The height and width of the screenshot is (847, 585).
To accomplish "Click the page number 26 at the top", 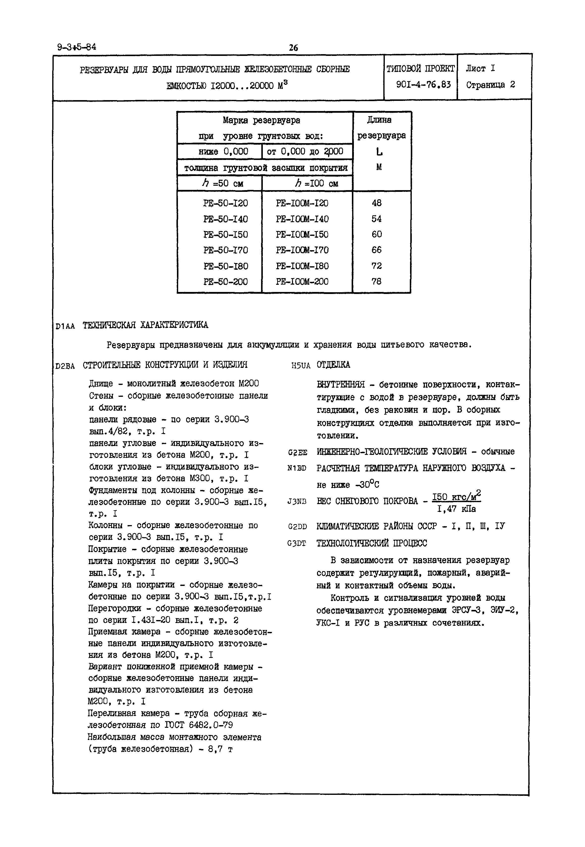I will pyautogui.click(x=293, y=48).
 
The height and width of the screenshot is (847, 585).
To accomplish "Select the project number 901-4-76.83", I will pyautogui.click(x=423, y=85).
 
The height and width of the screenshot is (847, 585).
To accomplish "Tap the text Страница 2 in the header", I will pyautogui.click(x=490, y=85).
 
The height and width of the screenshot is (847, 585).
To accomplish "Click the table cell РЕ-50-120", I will pyautogui.click(x=225, y=203).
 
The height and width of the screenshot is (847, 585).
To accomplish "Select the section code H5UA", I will pyautogui.click(x=301, y=365).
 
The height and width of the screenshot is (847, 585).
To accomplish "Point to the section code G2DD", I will pyautogui.click(x=297, y=527).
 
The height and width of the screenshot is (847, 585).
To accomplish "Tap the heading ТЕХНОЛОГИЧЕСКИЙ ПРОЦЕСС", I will pyautogui.click(x=372, y=543).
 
